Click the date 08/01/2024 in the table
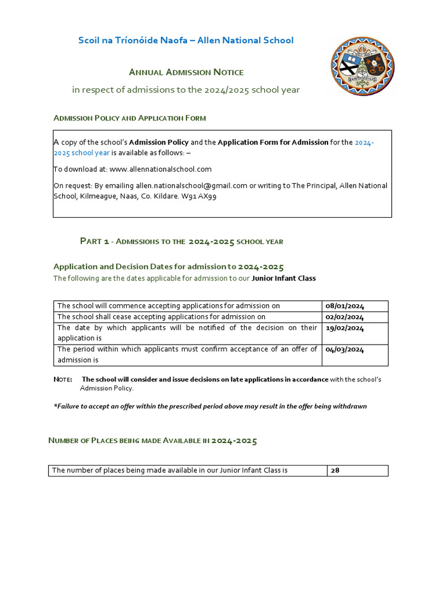pos(345,306)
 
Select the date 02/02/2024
pos(345,317)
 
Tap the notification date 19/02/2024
pos(345,328)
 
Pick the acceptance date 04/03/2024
pos(345,349)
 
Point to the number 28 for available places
pos(336,470)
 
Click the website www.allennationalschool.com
pos(161,169)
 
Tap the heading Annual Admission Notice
pos(186,72)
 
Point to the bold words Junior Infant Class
pos(284,278)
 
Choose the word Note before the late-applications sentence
pos(62,379)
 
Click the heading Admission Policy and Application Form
pos(129,118)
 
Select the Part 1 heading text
pos(181,241)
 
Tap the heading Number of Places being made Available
pos(153,441)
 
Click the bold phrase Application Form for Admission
pos(273,142)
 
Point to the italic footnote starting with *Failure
pos(210,406)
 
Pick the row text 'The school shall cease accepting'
pos(161,317)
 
